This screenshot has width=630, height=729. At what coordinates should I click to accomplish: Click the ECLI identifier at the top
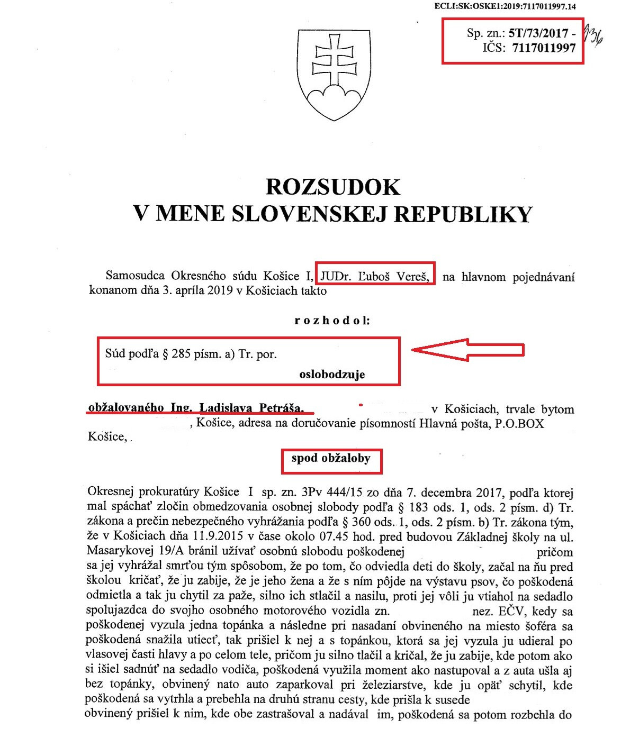click(x=505, y=7)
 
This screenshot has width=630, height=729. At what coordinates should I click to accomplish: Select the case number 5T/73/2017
click(x=538, y=33)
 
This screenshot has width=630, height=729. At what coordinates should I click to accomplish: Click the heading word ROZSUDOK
click(x=332, y=187)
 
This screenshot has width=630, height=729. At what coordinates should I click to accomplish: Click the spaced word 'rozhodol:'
click(x=332, y=321)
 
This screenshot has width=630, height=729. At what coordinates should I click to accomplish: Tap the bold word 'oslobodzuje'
click(x=332, y=375)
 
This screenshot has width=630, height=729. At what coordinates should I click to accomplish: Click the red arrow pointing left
click(x=467, y=350)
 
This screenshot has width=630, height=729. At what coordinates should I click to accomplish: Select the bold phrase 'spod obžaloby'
click(x=331, y=459)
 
